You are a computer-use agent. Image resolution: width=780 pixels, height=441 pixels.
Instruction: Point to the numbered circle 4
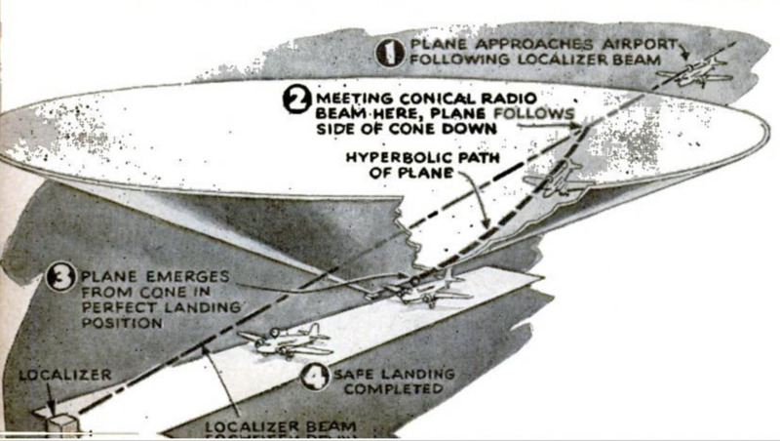point(313,377)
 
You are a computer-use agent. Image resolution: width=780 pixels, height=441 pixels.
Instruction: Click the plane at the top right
point(693,72)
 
